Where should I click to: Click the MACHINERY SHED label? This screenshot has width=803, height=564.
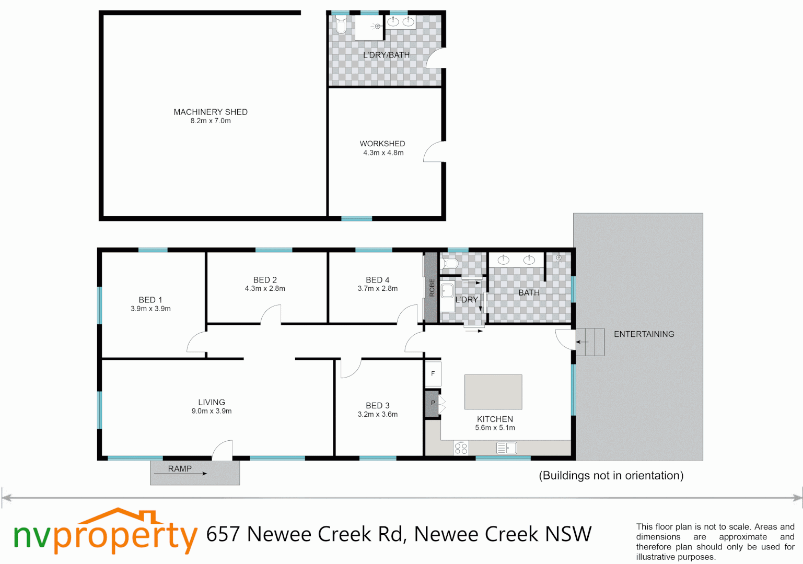click(x=211, y=112)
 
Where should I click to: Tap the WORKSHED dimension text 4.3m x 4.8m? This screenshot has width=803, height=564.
click(x=383, y=153)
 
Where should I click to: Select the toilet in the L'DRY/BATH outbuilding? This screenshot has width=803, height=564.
click(x=341, y=25)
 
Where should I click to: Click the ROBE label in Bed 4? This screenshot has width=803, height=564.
click(x=432, y=288)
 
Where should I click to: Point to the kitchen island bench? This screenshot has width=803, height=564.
click(x=493, y=392)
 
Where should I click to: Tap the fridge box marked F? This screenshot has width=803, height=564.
click(x=433, y=374)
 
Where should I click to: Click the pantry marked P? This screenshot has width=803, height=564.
click(x=432, y=403)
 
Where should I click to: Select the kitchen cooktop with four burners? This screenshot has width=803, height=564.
click(x=461, y=448)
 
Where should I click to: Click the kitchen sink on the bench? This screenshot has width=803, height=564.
click(x=506, y=448)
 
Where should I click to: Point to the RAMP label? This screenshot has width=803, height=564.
click(x=180, y=469)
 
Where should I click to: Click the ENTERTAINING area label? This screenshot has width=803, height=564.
click(x=644, y=334)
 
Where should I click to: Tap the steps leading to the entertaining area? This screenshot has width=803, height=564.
click(x=590, y=342)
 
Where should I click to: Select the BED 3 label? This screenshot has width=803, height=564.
click(x=377, y=406)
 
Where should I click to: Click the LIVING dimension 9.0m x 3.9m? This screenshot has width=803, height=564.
click(x=211, y=412)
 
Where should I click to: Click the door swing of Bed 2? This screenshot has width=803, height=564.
click(x=271, y=314)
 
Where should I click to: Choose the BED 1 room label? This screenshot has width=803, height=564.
click(x=150, y=300)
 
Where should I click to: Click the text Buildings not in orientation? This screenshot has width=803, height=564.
click(x=611, y=476)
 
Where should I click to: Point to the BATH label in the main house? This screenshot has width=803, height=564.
click(x=529, y=293)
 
